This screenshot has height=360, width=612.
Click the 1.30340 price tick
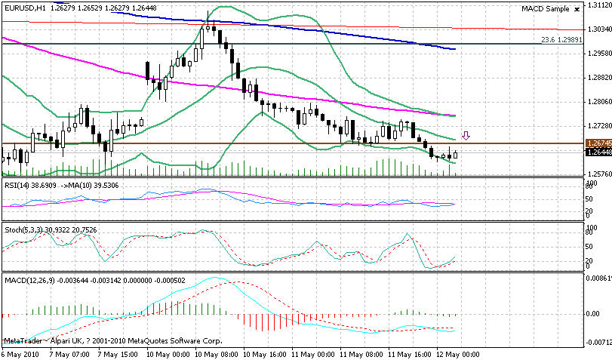tap(597, 29)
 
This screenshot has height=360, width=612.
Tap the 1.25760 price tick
tap(597, 174)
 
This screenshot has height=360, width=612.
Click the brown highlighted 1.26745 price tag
tap(597, 142)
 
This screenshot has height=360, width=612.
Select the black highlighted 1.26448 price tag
tap(597, 152)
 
